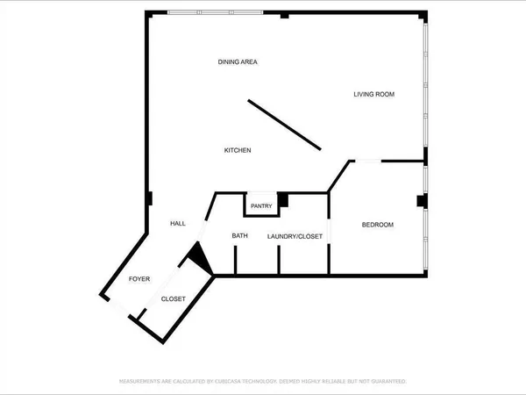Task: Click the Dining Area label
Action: pos(238,61)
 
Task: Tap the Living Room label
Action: pos(373,94)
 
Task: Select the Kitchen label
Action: pos(238,151)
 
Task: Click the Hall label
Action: pos(178,225)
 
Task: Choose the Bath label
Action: pos(240,236)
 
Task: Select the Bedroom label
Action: pos(378,226)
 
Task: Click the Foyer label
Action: pos(140,279)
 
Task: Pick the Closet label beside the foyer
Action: pos(174,300)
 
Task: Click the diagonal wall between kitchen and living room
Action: pos(285,125)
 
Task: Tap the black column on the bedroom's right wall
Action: pos(422,201)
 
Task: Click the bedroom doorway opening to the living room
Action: pos(366,161)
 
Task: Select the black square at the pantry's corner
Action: pos(282,198)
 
